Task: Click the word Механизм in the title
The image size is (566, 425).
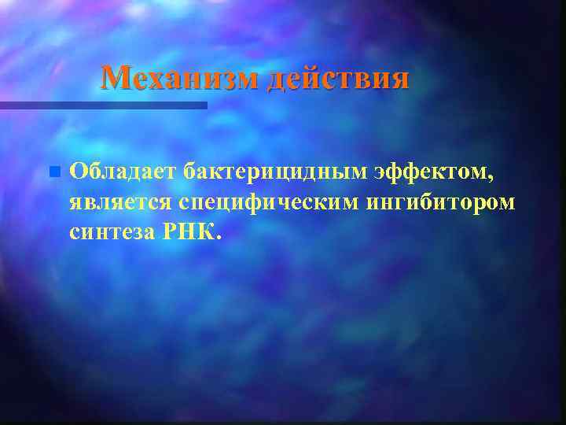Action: [x=181, y=78]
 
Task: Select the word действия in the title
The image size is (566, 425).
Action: [x=338, y=78]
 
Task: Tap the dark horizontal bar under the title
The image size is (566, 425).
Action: [x=102, y=105]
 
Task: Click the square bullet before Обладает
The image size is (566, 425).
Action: [x=53, y=171]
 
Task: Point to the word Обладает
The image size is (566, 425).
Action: [x=123, y=171]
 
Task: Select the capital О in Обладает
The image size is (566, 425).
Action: [x=79, y=171]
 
